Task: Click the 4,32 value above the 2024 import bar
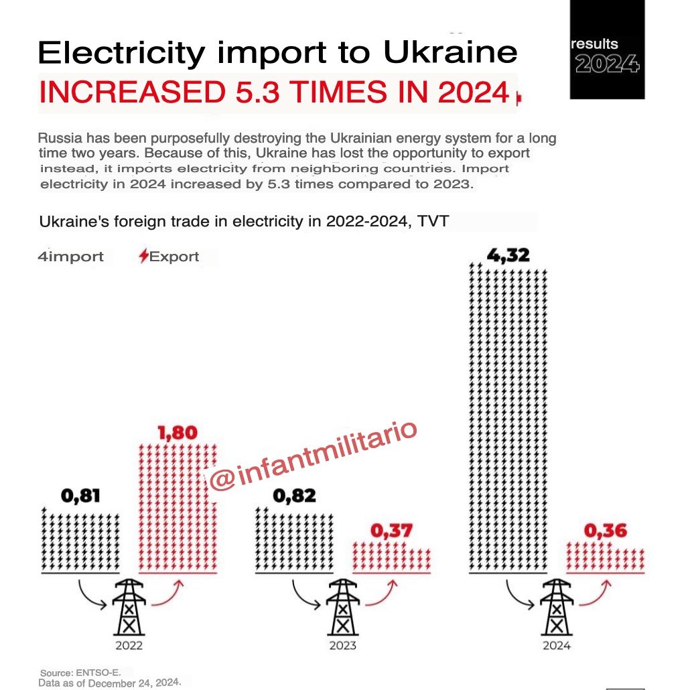510,255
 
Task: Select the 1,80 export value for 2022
178,433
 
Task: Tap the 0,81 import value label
81,496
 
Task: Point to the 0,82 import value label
295,496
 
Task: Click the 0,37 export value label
392,531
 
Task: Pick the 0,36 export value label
606,531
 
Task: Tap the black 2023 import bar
295,540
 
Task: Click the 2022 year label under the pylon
128,646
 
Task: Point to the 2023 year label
342,646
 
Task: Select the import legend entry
71,257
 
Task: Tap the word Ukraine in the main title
454,52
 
